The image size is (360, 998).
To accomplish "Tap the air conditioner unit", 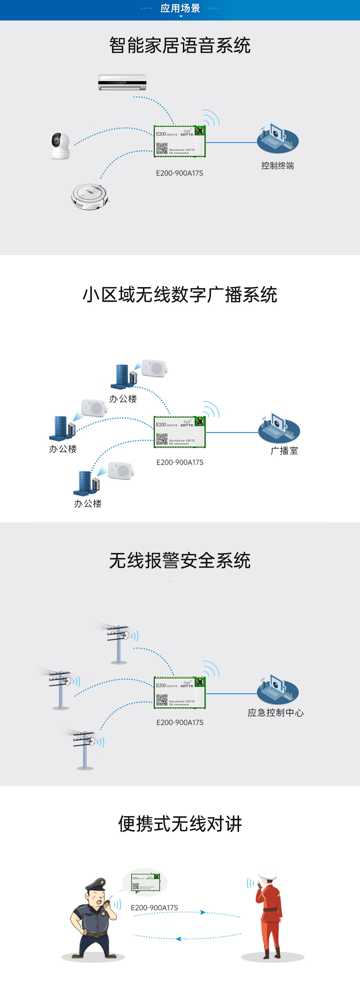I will (122, 82).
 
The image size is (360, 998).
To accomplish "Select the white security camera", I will (60, 145).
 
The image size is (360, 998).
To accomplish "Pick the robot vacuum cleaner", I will (90, 197).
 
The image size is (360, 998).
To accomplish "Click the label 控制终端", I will (278, 166).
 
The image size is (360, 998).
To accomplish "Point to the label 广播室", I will (284, 450).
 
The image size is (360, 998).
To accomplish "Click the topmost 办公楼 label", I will (123, 399).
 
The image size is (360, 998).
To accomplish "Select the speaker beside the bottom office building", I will (121, 471).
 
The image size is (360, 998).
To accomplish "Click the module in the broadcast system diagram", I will (179, 432).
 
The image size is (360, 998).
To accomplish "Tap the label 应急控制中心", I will (275, 712).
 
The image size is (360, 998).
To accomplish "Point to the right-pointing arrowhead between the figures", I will (202, 912).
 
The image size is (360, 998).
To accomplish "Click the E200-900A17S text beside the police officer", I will (154, 908).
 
